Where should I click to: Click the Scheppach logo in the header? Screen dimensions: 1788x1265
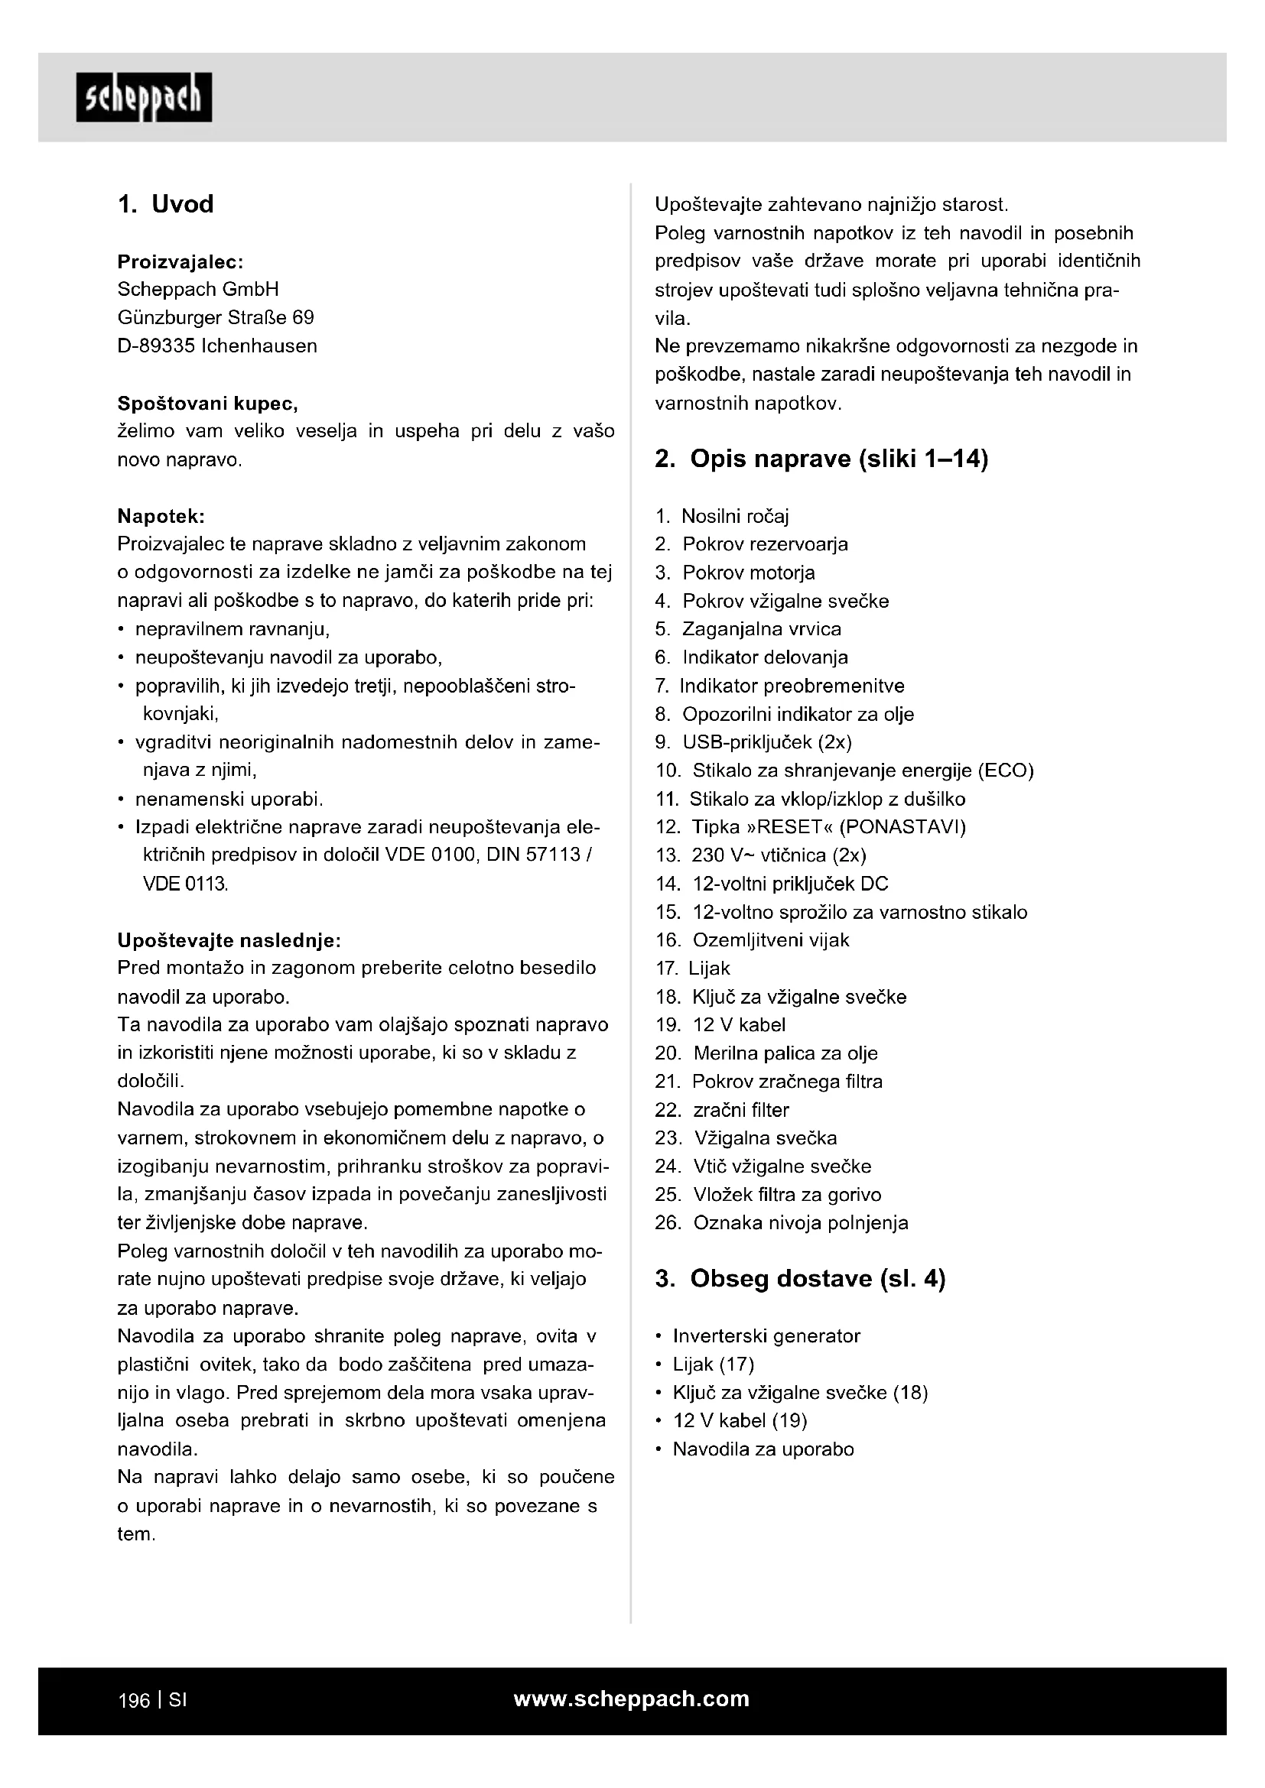click(x=144, y=97)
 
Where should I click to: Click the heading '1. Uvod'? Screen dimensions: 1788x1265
click(x=165, y=204)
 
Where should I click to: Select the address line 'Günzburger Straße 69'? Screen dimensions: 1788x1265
click(x=216, y=318)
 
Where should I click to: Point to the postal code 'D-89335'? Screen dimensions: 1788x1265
click(x=156, y=346)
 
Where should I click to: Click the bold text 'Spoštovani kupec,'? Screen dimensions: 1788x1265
click(x=207, y=404)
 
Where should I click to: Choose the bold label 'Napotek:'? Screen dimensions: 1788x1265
click(x=161, y=516)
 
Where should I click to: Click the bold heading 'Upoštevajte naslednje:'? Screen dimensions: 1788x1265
click(x=229, y=941)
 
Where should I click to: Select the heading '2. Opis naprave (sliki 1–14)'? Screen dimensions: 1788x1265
click(x=821, y=459)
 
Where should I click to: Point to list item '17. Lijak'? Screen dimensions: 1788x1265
click(x=692, y=969)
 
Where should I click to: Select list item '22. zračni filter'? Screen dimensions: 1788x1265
click(x=722, y=1110)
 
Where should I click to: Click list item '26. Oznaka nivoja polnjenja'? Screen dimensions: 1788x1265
click(x=782, y=1222)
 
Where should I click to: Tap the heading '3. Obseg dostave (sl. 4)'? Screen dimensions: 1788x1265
click(x=800, y=1279)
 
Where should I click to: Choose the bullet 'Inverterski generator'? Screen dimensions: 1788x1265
click(x=766, y=1336)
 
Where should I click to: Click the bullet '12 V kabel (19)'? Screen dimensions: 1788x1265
click(x=740, y=1420)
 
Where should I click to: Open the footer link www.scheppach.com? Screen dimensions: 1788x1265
click(x=632, y=1699)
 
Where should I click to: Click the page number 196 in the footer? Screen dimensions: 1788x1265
click(x=133, y=1700)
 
